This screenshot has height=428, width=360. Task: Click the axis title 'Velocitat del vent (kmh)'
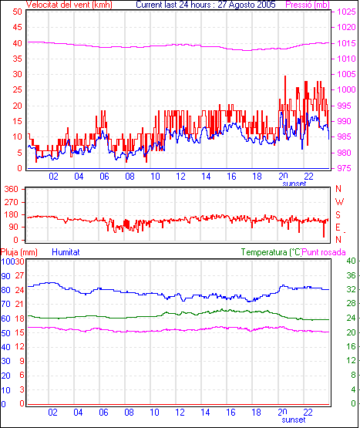[x=69, y=5]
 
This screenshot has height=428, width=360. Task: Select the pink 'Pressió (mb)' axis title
[x=308, y=5]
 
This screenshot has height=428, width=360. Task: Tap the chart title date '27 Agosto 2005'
[x=247, y=5]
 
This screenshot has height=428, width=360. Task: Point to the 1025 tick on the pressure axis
[x=346, y=12]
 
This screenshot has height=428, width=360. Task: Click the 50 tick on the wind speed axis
[x=17, y=12]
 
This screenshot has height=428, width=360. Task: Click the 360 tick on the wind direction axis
[x=12, y=189]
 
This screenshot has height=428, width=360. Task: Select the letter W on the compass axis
[x=339, y=202]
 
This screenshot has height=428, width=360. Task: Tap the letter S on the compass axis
[x=338, y=215]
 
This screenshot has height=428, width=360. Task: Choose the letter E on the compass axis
[x=338, y=227]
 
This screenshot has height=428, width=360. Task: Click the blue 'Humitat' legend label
[x=66, y=252]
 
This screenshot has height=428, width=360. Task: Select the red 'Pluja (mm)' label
[x=19, y=252]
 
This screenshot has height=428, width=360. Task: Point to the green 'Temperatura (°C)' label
[x=271, y=252]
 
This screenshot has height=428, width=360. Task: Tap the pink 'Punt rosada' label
[x=324, y=252]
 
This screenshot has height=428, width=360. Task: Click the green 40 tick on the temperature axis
[x=351, y=261]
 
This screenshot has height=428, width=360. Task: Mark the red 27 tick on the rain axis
[x=19, y=275]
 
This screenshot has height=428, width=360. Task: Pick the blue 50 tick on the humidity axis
[x=5, y=333]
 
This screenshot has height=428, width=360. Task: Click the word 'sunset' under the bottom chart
[x=294, y=420]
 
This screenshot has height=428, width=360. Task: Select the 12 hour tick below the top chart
[x=180, y=177]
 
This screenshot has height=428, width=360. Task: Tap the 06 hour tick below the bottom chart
[x=103, y=412]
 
